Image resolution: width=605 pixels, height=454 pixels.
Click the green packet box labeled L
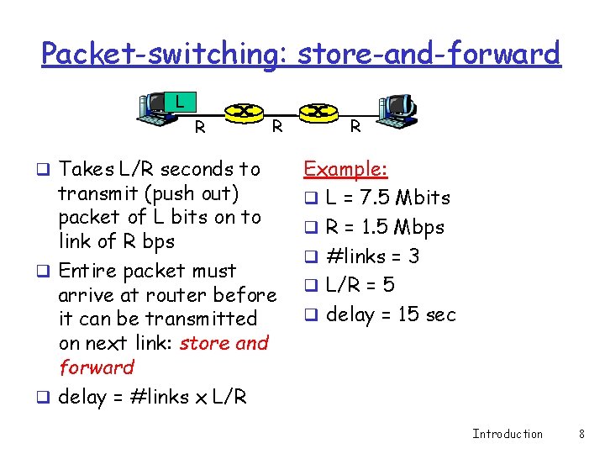point(179,103)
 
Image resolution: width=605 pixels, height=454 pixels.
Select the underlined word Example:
point(345,169)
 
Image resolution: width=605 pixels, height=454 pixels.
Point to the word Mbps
point(417,228)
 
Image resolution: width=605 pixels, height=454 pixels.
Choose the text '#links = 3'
point(372,256)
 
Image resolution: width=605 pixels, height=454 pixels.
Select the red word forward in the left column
point(97,367)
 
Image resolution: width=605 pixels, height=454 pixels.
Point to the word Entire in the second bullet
point(88,271)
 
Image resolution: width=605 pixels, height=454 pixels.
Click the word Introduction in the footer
point(508,434)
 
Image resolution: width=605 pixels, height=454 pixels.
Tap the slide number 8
point(581,434)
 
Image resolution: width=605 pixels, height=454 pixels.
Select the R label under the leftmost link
point(200,128)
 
